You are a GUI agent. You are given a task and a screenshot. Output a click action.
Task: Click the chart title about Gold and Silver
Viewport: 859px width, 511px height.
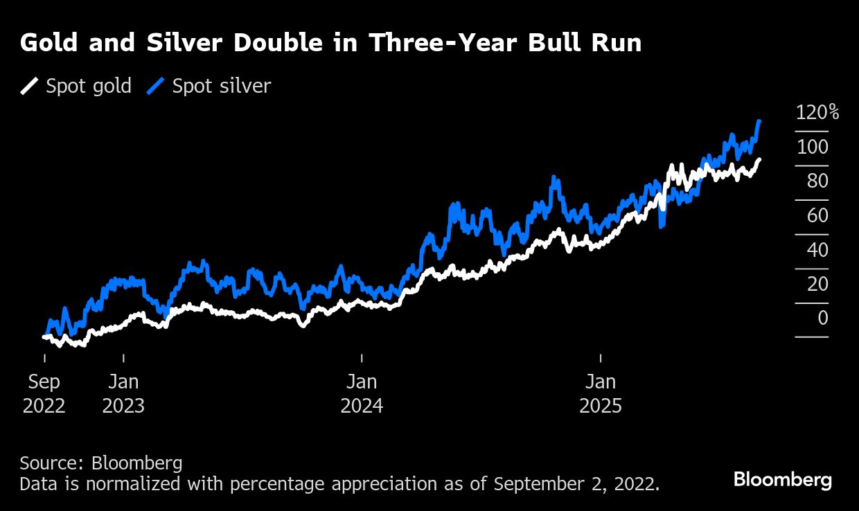330,44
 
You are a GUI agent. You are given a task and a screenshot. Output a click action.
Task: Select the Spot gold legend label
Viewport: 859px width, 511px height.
88,87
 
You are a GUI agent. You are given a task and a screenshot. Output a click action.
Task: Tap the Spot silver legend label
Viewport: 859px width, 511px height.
221,87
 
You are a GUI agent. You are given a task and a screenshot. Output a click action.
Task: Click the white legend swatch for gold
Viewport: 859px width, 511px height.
30,87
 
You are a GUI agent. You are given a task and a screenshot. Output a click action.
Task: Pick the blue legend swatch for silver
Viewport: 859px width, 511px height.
157,87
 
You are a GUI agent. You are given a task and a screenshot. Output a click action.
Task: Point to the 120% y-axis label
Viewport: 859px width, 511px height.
817,113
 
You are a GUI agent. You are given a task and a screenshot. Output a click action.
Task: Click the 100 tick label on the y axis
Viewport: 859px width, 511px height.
812,147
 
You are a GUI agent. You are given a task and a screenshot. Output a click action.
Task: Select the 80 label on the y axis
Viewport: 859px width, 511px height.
817,181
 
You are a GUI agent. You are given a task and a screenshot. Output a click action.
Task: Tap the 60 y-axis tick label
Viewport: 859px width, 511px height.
817,215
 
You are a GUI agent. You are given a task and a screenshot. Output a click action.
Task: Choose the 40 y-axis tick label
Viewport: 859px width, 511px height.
817,250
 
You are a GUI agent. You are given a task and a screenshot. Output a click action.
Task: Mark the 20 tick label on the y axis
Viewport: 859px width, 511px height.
817,284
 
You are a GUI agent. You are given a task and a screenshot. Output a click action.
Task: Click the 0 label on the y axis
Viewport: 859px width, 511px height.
822,318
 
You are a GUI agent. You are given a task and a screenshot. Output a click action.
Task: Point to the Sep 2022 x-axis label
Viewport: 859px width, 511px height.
44,393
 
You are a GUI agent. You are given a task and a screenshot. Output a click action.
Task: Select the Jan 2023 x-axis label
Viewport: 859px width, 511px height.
123,393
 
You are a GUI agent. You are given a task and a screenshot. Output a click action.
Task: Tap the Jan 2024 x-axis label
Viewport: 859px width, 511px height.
362,393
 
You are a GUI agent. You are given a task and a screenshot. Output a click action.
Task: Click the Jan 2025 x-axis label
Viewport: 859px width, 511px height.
600,393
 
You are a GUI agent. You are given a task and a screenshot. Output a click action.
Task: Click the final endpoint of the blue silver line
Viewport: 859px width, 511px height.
760,121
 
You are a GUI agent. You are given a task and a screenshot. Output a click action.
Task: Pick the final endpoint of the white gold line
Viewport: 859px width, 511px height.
759,160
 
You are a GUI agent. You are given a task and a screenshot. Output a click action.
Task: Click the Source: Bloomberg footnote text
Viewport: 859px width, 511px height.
101,463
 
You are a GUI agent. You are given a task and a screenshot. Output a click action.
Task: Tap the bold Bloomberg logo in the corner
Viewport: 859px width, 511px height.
782,480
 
